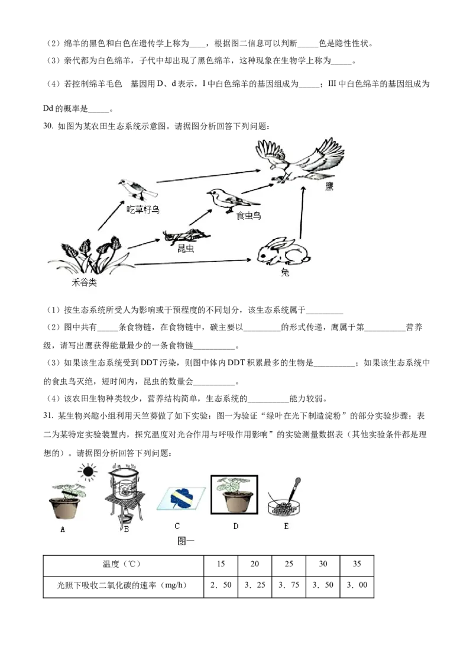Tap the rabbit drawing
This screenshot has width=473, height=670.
coord(283,252)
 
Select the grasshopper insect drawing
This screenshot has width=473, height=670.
coord(187,236)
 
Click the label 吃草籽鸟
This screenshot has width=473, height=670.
coord(143,210)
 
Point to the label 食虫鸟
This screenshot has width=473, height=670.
coord(248,216)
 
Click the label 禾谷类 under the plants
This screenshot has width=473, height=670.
coord(84,282)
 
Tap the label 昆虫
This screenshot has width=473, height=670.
coord(186,248)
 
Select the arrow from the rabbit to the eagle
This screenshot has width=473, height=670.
coord(302,212)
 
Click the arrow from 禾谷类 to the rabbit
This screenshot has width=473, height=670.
coord(193,262)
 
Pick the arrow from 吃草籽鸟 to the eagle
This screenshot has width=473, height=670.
coord(208,176)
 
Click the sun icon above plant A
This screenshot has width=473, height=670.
coord(87,472)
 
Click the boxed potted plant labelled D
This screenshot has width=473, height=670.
coord(234,494)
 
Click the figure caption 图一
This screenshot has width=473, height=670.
coord(186,541)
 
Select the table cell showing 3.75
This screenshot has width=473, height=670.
coord(289,585)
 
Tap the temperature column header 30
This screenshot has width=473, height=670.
coord(323,563)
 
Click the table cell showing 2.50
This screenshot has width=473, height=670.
coord(221,585)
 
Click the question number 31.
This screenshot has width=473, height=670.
coord(48,415)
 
